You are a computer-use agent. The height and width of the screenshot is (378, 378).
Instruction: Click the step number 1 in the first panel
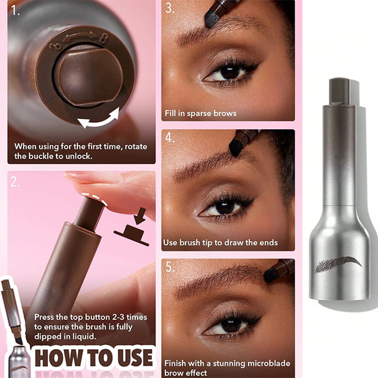[x=15, y=11]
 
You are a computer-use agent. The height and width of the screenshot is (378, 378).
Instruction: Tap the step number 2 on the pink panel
[x=15, y=182]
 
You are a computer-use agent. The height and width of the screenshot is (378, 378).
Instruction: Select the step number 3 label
[x=170, y=8]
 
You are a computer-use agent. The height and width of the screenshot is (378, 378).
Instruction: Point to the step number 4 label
[x=170, y=138]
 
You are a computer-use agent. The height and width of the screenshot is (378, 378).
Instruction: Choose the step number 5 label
[x=170, y=267]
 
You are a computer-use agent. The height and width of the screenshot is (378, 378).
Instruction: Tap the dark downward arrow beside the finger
[x=140, y=216]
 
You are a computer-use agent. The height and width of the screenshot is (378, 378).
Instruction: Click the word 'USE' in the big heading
[x=135, y=358]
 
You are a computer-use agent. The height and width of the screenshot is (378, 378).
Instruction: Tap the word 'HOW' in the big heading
[x=58, y=358]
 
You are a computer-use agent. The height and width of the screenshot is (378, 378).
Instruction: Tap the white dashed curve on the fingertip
[x=94, y=198]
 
